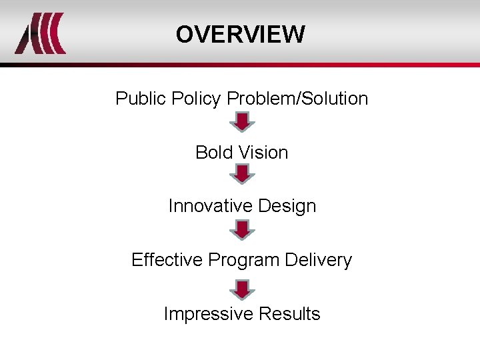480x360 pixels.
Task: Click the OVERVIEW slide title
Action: pos(241,34)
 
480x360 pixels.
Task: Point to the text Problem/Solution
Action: pos(297,99)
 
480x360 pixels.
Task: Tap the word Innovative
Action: pos(209,206)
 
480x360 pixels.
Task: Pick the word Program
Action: pos(239,261)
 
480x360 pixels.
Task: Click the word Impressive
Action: pos(208,314)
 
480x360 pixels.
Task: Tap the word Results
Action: pos(289,314)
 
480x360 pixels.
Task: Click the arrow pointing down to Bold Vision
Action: pos(242,122)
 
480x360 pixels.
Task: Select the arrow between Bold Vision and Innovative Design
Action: pos(242,175)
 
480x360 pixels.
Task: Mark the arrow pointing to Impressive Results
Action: pos(242,289)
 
